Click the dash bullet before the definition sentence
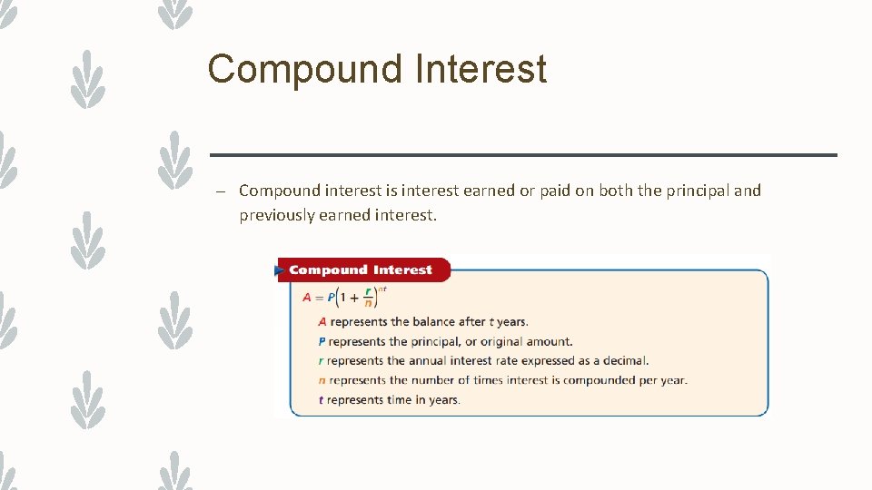[220, 191]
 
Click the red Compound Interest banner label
[361, 269]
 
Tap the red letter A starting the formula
[307, 298]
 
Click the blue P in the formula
[332, 298]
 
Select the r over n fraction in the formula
[368, 298]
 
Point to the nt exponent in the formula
[382, 289]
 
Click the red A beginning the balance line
[322, 321]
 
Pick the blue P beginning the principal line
[322, 341]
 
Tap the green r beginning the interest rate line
[322, 360]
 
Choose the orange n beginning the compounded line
[322, 380]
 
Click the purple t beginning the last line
[322, 400]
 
